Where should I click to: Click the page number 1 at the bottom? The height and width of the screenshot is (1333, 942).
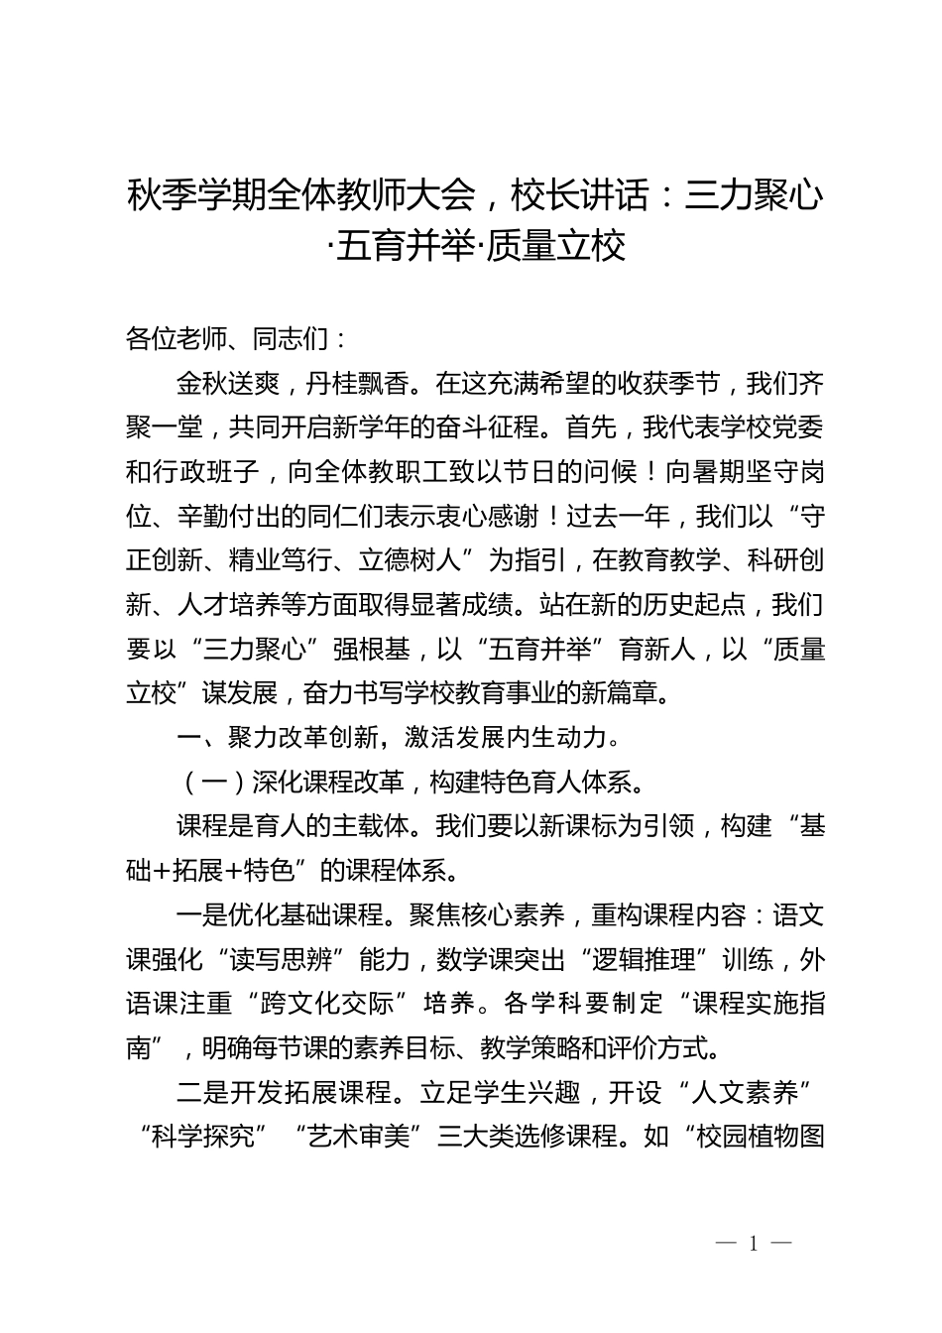[x=754, y=1244]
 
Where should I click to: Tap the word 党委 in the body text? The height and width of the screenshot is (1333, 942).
[x=800, y=427]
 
